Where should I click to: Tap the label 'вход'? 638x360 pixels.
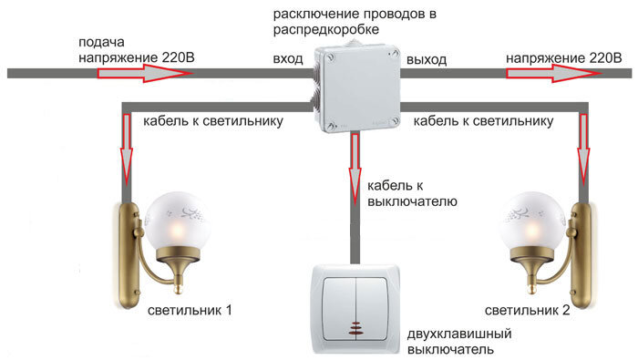pyautogui.click(x=288, y=59)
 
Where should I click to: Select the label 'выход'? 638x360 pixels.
pyautogui.click(x=427, y=59)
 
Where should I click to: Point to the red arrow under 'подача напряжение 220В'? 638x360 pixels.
pyautogui.click(x=146, y=72)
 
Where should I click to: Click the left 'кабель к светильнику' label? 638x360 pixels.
pyautogui.click(x=211, y=120)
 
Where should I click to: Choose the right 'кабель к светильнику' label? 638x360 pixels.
pyautogui.click(x=485, y=120)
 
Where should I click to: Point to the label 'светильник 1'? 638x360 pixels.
pyautogui.click(x=190, y=310)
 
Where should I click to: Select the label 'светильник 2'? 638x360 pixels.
pyautogui.click(x=528, y=310)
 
